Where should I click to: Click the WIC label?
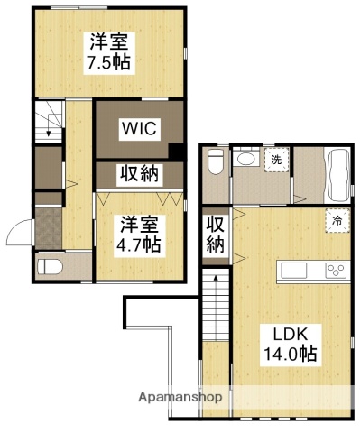[x=140, y=129]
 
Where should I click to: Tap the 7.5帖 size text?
[x=108, y=63]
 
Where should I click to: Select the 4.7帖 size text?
[x=141, y=244]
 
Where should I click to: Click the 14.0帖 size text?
[x=289, y=355]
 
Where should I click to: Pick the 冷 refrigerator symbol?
[x=337, y=219]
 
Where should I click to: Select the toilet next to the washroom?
[x=216, y=162]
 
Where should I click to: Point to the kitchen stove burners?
[x=336, y=270]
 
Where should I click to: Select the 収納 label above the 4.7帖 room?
[x=140, y=173]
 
